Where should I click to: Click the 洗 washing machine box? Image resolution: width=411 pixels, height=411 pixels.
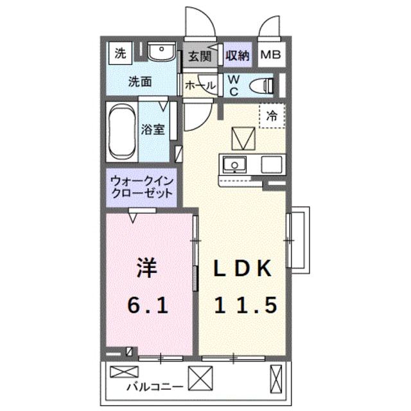click(119, 54)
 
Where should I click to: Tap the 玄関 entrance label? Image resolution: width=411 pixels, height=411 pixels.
click(200, 56)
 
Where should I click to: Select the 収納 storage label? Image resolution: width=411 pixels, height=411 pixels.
click(237, 56)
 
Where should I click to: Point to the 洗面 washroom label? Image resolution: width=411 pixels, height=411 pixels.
click(139, 82)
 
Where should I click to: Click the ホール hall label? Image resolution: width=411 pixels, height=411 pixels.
click(200, 85)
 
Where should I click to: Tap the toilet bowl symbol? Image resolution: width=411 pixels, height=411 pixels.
click(261, 85)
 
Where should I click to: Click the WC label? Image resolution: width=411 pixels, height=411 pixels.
click(234, 85)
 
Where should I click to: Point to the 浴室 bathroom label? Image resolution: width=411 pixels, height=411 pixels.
click(153, 129)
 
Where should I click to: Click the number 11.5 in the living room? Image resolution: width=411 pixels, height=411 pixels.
click(245, 306)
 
